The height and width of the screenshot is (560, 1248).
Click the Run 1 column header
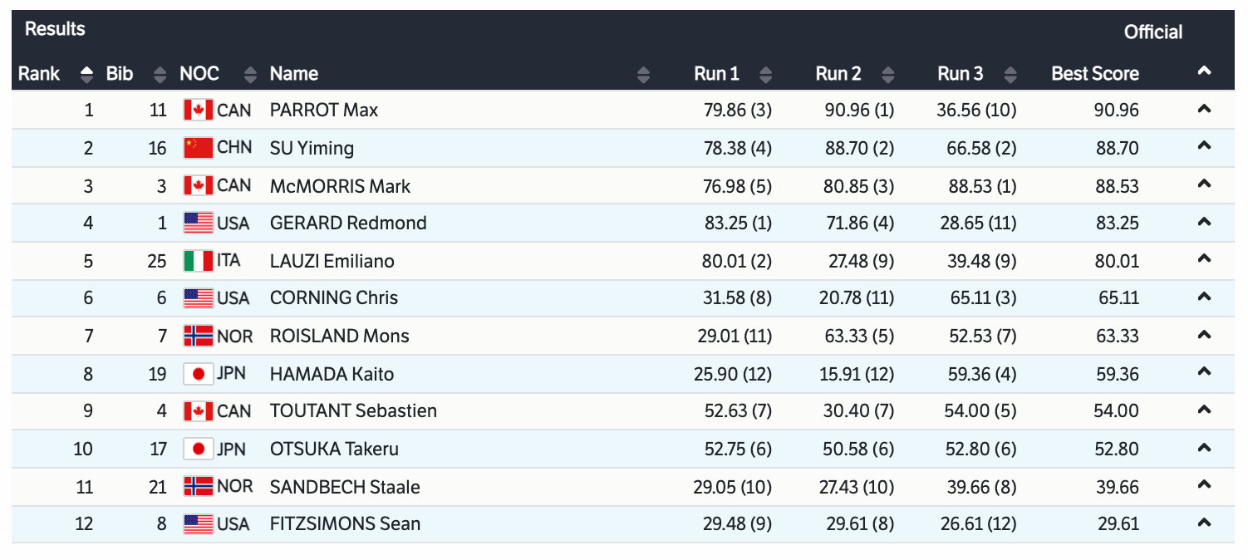tap(716, 74)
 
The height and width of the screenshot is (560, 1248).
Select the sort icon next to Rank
tap(86, 75)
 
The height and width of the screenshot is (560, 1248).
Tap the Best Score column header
tap(1094, 74)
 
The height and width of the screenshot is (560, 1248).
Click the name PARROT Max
tap(324, 111)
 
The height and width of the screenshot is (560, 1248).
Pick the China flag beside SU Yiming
tap(199, 149)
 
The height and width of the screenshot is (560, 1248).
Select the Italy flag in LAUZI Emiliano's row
tap(199, 261)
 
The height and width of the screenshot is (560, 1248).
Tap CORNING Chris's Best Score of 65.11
tap(1117, 298)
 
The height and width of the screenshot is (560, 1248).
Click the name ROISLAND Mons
tap(339, 336)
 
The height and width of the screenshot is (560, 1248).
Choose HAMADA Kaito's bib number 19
tap(158, 375)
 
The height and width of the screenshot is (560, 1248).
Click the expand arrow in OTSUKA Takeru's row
tap(1203, 449)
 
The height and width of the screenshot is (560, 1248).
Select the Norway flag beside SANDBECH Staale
tap(199, 487)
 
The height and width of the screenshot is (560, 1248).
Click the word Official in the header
tap(1152, 32)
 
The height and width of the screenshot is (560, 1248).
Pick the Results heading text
tap(55, 29)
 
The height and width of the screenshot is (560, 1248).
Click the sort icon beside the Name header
tap(643, 75)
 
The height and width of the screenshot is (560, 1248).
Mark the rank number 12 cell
tap(83, 524)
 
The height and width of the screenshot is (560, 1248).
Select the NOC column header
tap(199, 74)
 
